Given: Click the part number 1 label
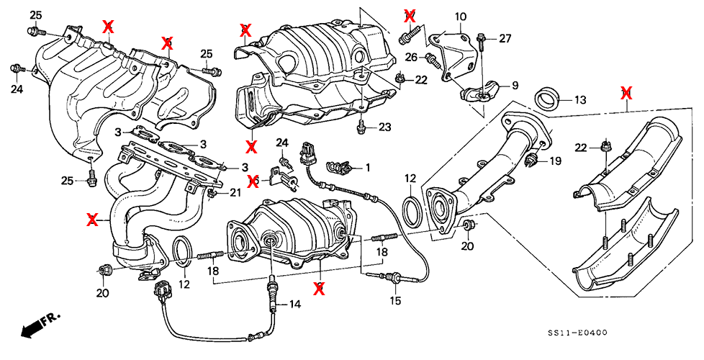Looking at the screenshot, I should click(x=368, y=168).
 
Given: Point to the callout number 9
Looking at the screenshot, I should click(x=515, y=85).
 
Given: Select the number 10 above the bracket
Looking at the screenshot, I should click(x=461, y=16).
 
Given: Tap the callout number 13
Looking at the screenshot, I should click(x=580, y=99).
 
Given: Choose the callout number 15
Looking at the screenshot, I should click(x=394, y=300).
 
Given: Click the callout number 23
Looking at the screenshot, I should click(x=384, y=127).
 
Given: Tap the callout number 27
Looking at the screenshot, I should click(x=505, y=38).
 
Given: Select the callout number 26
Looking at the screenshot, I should click(x=410, y=57).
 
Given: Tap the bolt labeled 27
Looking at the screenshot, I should click(x=482, y=42).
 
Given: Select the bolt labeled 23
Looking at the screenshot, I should click(x=361, y=128).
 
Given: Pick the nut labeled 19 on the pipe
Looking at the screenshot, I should click(x=533, y=160).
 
